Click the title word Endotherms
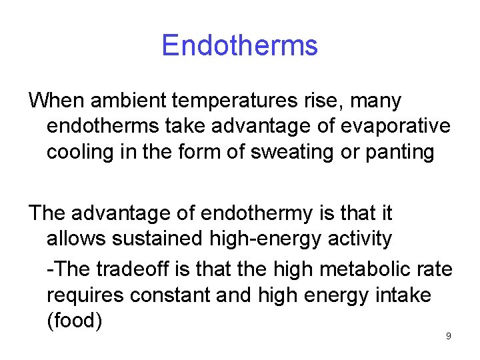point(239,45)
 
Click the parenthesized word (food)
point(74,320)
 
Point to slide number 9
point(448,336)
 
